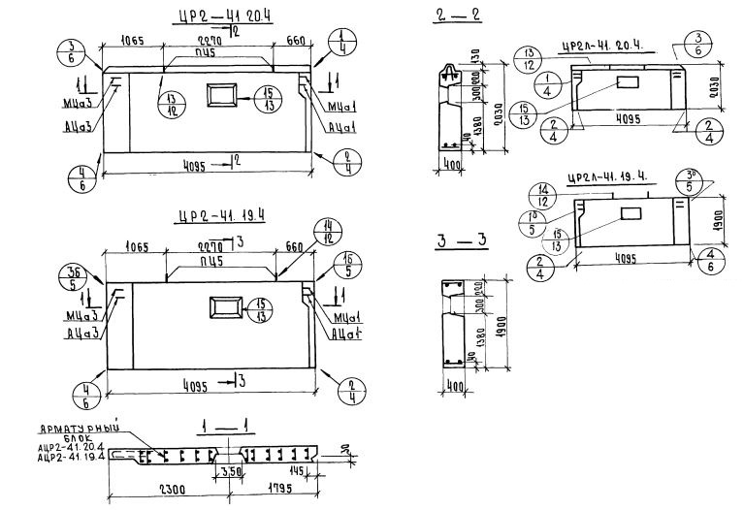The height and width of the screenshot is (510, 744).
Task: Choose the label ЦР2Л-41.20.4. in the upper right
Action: (607, 47)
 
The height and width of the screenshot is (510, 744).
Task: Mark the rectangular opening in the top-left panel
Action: (221, 95)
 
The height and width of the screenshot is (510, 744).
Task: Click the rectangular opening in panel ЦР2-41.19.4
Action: (225, 310)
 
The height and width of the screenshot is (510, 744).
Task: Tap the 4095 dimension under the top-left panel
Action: (207, 164)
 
